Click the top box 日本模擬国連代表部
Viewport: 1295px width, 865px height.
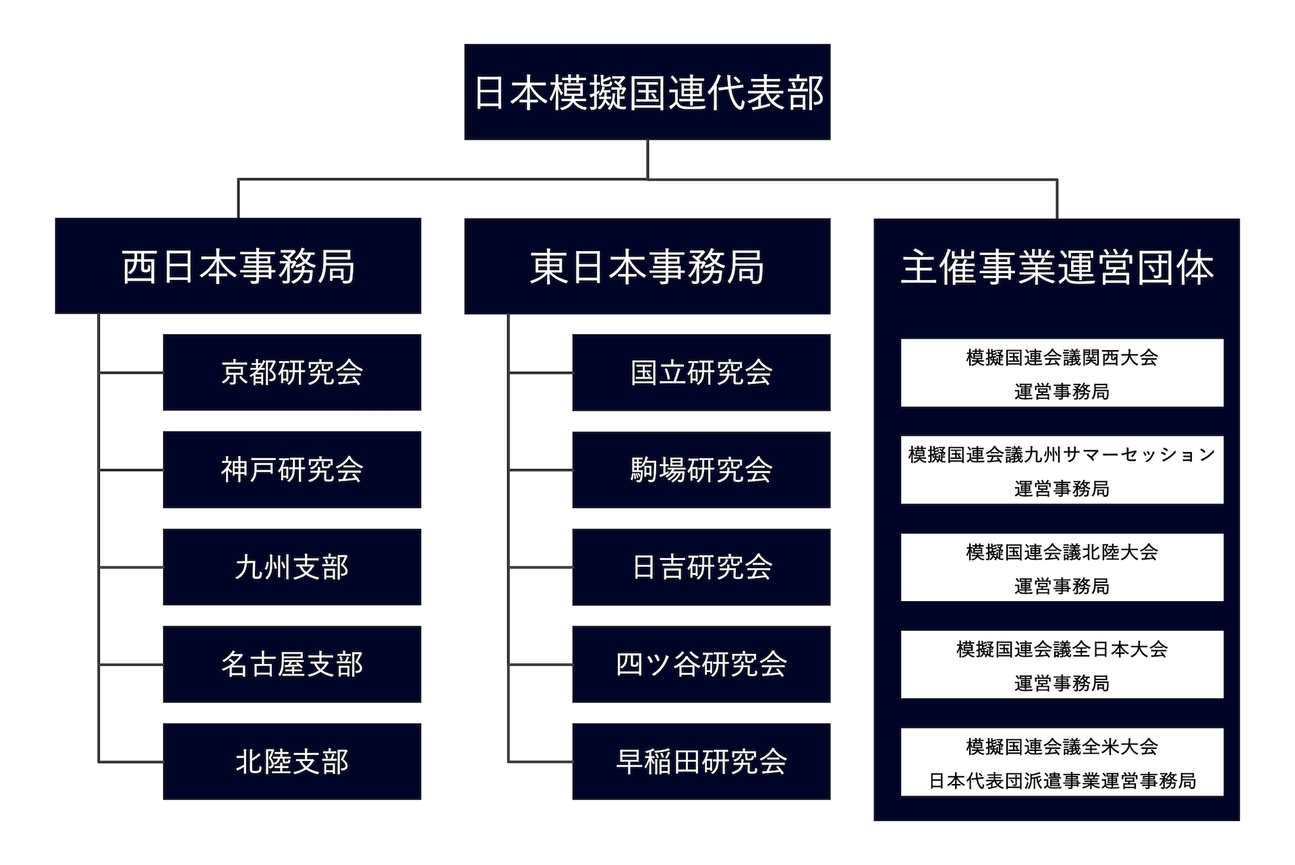(647, 92)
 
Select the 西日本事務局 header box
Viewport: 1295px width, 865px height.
(238, 266)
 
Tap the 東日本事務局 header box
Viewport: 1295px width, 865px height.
(647, 266)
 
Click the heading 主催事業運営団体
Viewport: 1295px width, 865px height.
(1056, 267)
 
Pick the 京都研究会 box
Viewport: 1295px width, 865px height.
(292, 372)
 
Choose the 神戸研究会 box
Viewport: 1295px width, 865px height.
(292, 470)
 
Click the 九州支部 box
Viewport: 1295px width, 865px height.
(292, 567)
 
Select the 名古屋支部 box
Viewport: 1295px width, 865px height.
(292, 665)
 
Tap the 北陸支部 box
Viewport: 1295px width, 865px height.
(292, 762)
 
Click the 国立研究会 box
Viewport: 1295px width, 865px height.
(701, 372)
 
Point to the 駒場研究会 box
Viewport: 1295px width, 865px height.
(701, 470)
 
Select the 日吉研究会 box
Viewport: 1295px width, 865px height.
(701, 567)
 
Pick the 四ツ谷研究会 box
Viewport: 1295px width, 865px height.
(701, 665)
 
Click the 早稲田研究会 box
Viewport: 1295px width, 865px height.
(701, 762)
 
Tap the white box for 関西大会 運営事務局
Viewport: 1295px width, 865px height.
(1062, 373)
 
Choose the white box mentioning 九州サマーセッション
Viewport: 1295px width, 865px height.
(1062, 470)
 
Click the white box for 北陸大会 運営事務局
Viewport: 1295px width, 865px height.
(1062, 567)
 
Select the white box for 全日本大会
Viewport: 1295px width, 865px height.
(1062, 665)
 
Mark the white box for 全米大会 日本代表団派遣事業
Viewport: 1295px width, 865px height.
(1062, 762)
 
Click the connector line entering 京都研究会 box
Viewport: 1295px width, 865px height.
(132, 372)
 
